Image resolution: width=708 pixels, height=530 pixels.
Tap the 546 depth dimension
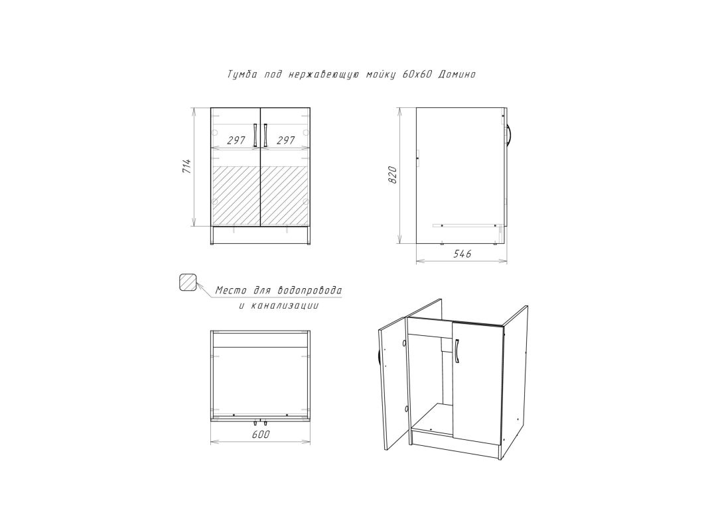point(462,254)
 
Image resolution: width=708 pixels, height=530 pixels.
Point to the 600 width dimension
point(261,435)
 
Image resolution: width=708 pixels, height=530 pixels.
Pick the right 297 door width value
point(285,140)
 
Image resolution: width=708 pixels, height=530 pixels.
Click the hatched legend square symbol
point(187,283)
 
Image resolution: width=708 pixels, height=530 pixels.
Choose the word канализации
point(285,306)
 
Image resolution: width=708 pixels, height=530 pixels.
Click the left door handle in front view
point(255,134)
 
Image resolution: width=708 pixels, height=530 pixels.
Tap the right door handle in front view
point(265,134)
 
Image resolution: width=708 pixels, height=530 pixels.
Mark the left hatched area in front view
point(236,195)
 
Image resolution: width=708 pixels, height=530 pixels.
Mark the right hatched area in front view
point(285,195)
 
